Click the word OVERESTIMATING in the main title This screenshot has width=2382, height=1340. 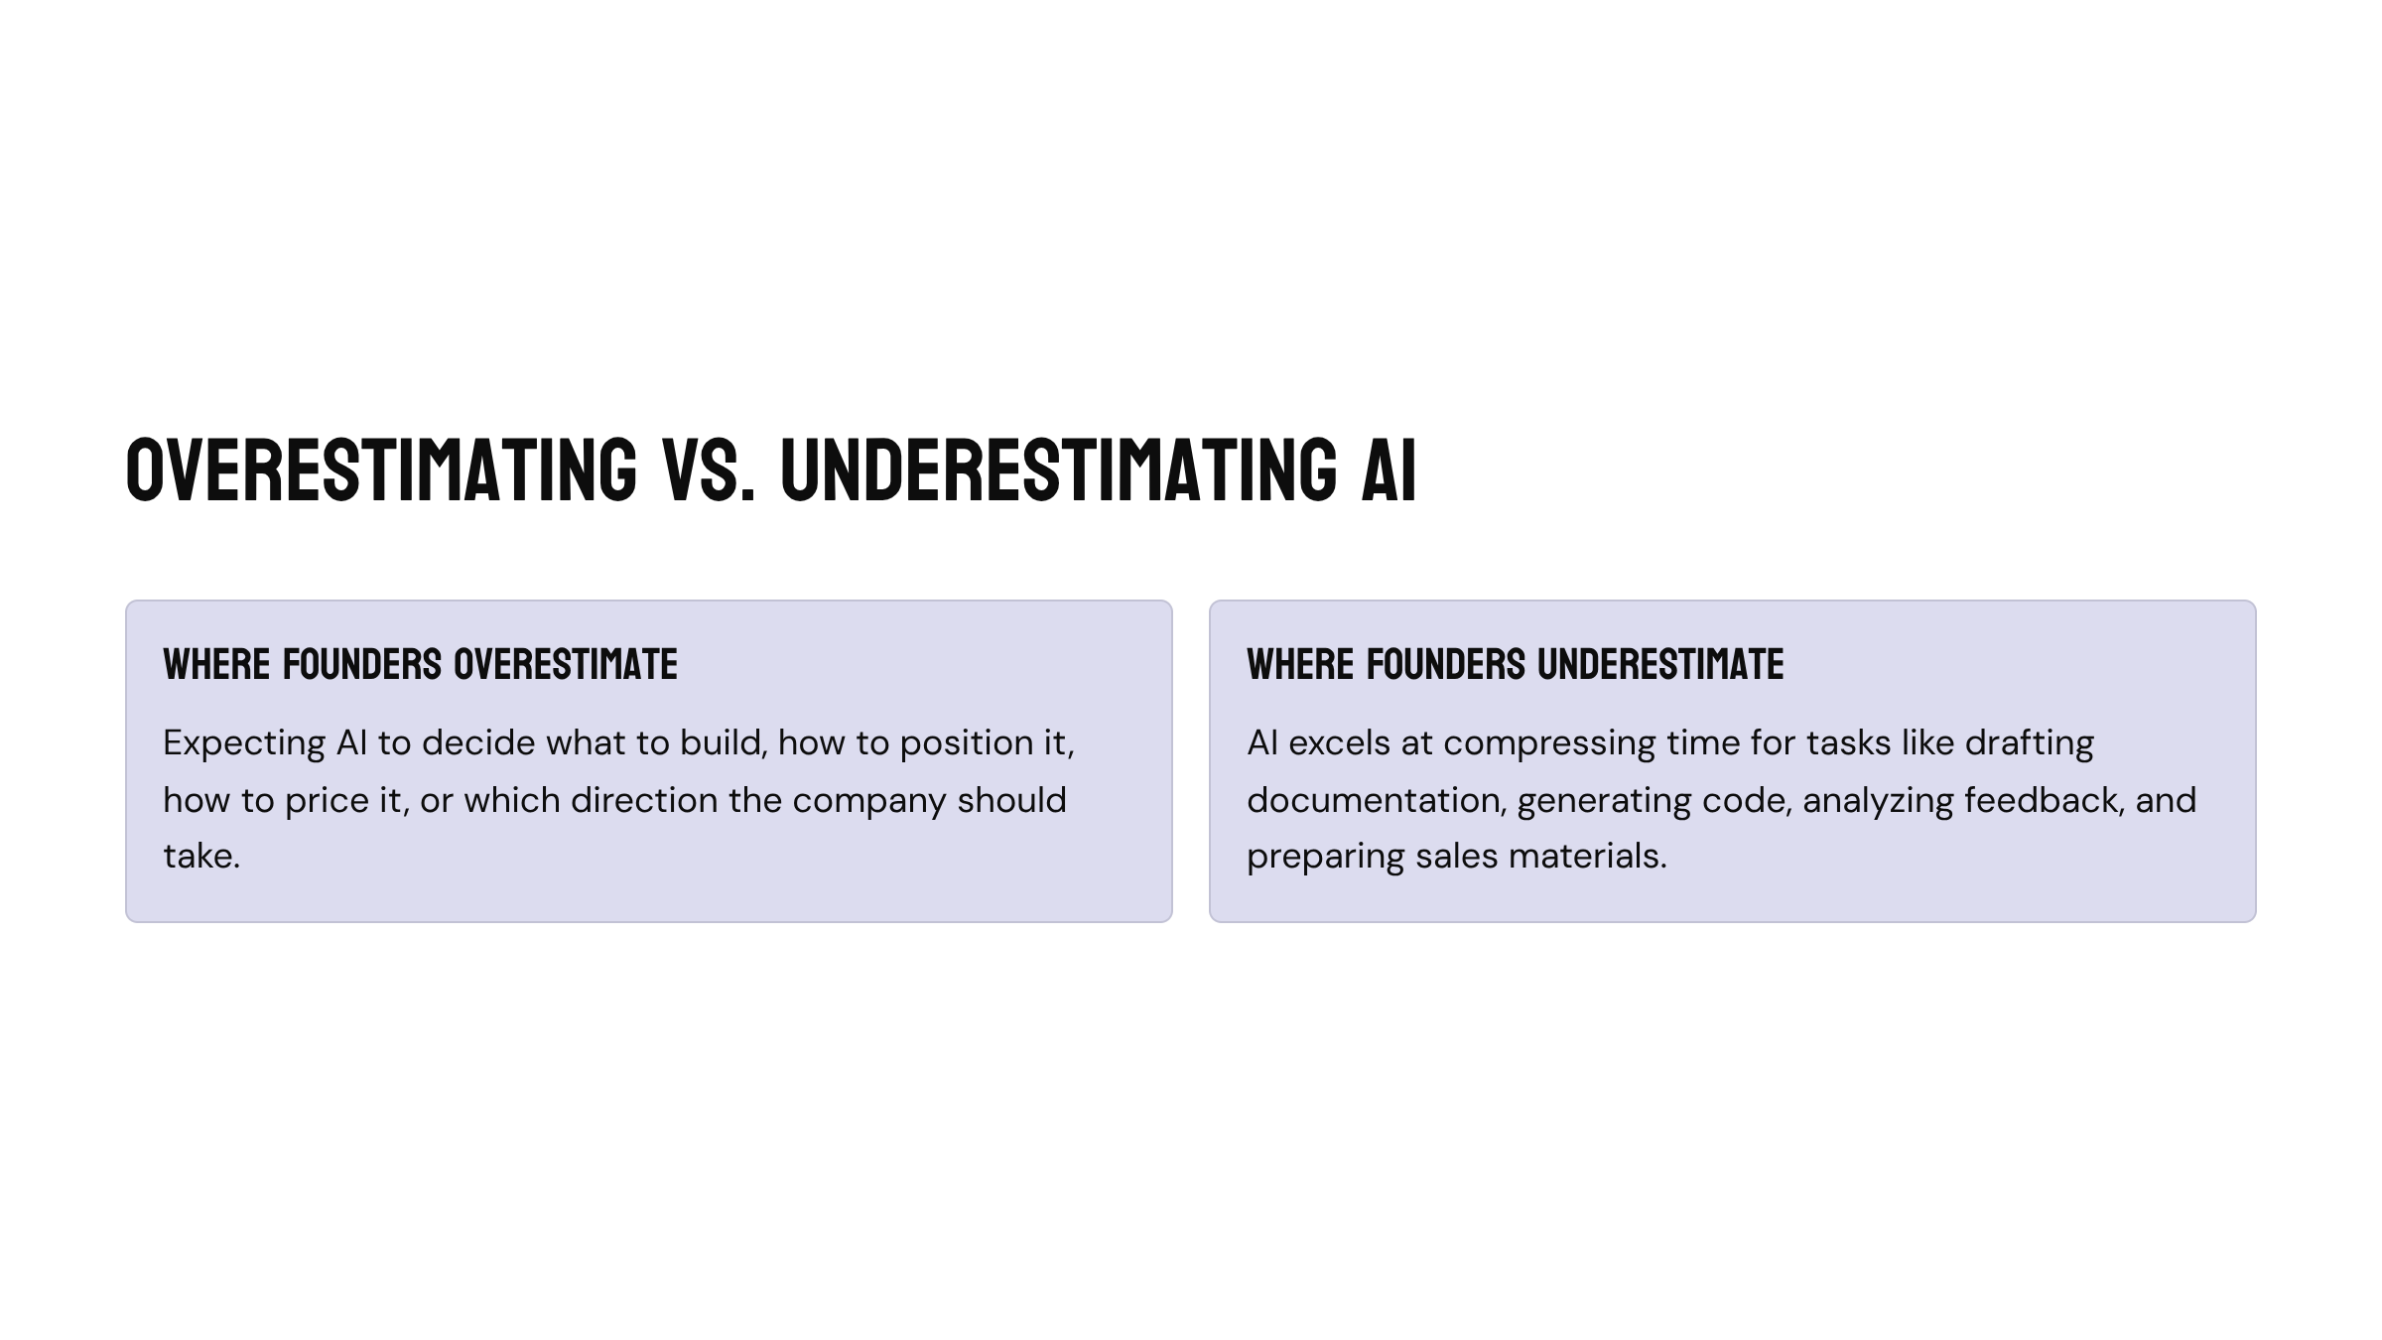(x=382, y=469)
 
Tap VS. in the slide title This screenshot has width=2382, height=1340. (x=709, y=469)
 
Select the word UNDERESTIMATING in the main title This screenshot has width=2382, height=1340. (x=1059, y=469)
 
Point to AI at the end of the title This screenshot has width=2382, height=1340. (x=1389, y=469)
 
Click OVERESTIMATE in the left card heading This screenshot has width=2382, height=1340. (x=566, y=664)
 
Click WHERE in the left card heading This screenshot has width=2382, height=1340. (x=217, y=664)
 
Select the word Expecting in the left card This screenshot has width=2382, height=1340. (x=244, y=743)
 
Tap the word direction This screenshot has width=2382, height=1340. (x=644, y=800)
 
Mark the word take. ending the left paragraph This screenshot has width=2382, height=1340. (x=202, y=856)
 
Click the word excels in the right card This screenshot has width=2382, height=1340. (x=1339, y=742)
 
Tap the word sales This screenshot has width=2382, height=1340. (x=1457, y=856)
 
